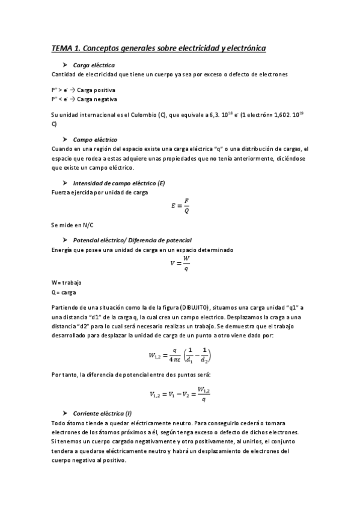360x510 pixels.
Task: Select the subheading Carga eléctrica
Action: pos(94,65)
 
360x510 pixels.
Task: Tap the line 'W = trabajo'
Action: pos(66,283)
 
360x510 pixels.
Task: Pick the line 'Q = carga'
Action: pos(64,292)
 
